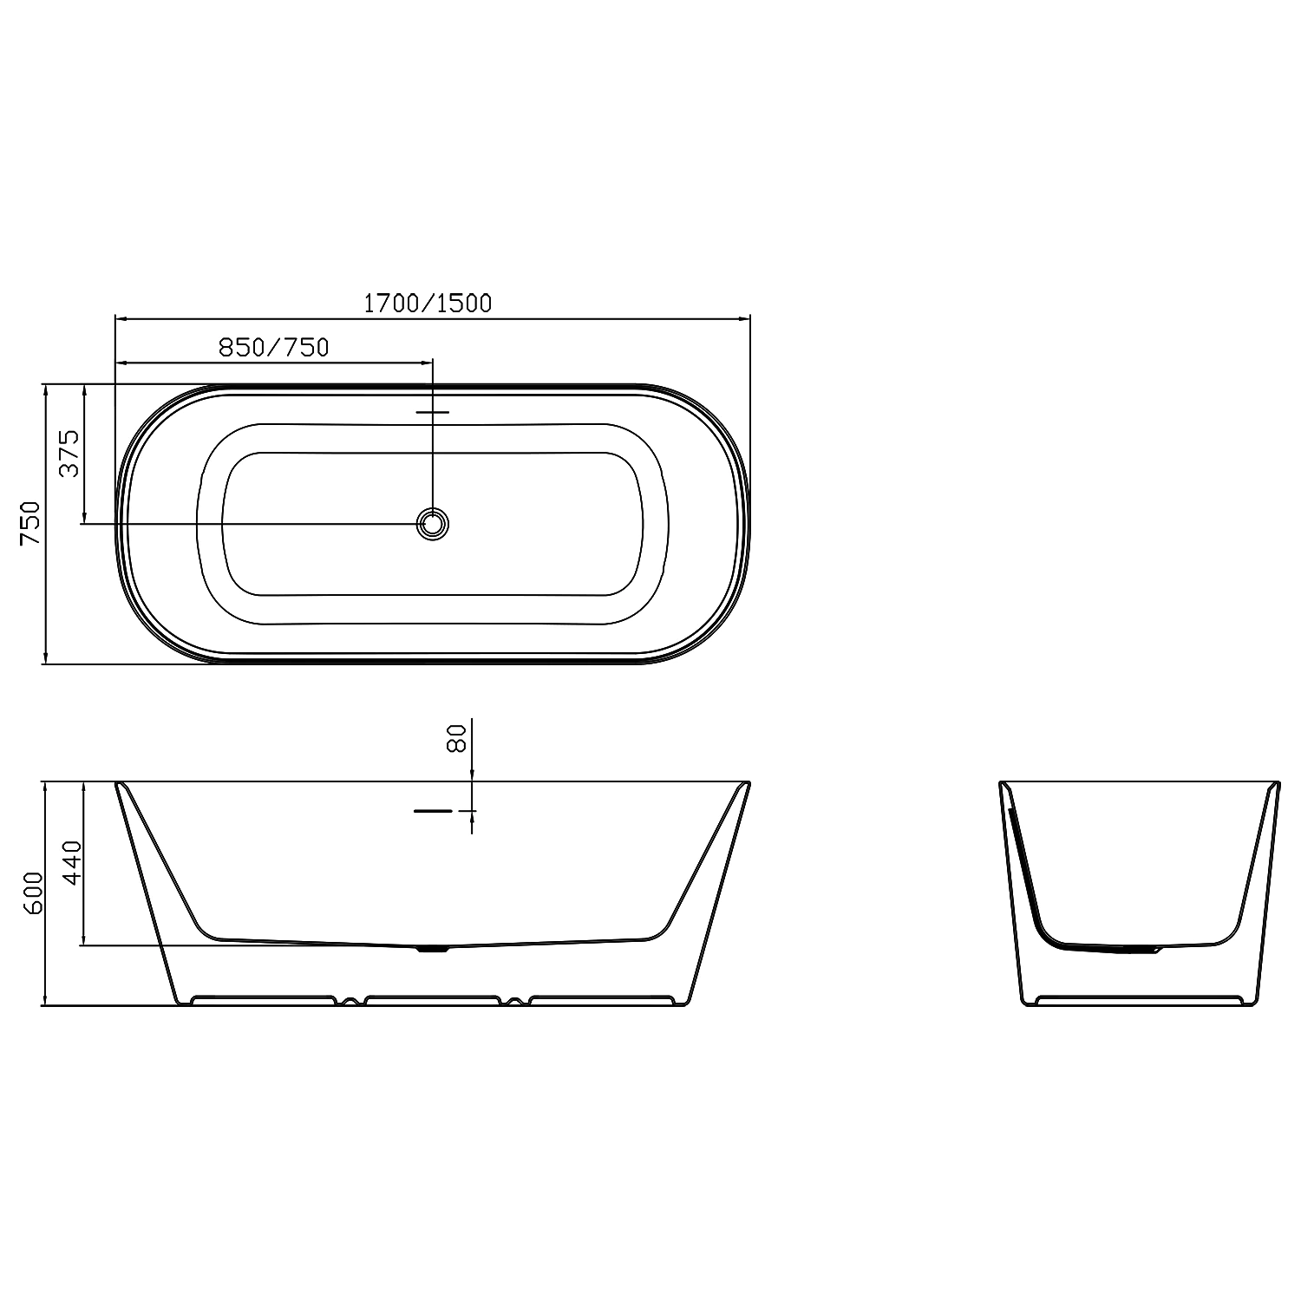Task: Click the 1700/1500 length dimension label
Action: coord(427,303)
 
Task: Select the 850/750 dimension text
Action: coord(273,347)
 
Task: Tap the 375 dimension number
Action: coord(69,453)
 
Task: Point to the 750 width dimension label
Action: coord(30,522)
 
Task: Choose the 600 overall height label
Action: coord(32,893)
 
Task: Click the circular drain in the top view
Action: coord(432,523)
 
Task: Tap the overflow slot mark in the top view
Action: coord(432,412)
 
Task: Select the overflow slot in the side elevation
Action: coord(433,810)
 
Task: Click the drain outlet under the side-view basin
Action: coord(432,949)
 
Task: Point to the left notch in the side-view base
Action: coord(350,1001)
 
